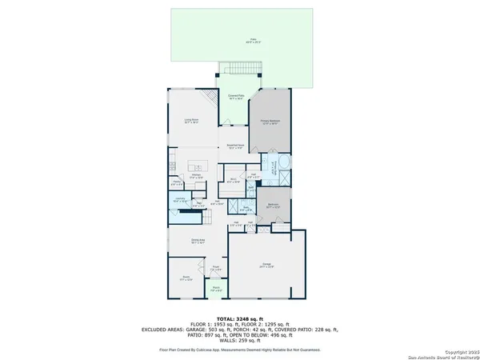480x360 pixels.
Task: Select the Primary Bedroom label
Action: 269,123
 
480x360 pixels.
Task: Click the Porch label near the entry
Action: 215,290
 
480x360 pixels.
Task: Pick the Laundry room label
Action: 180,199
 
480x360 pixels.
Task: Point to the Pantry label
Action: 177,182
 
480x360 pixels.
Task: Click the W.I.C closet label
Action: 232,180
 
